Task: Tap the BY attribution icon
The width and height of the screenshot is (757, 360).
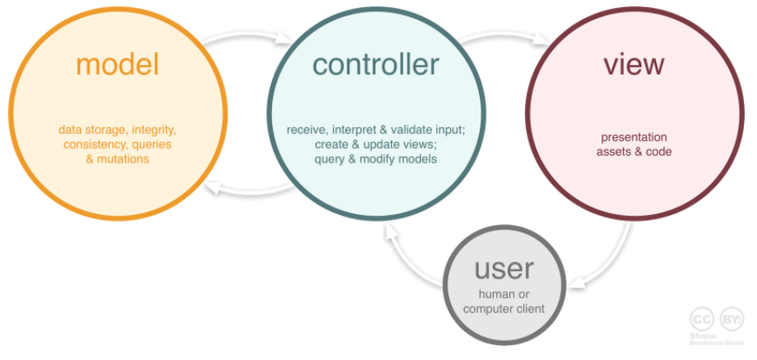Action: pyautogui.click(x=730, y=319)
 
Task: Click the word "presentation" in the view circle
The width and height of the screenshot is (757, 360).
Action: pyautogui.click(x=634, y=137)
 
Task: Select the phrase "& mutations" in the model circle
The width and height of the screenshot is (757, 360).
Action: pyautogui.click(x=117, y=159)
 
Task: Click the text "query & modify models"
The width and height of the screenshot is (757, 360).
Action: pyautogui.click(x=376, y=159)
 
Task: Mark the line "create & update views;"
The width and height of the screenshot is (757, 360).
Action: pyautogui.click(x=376, y=144)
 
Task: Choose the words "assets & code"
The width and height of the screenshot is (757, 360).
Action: pyautogui.click(x=634, y=151)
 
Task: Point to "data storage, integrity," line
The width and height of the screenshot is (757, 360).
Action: pyautogui.click(x=117, y=130)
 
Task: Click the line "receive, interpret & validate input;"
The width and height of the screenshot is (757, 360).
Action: pyautogui.click(x=376, y=130)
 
